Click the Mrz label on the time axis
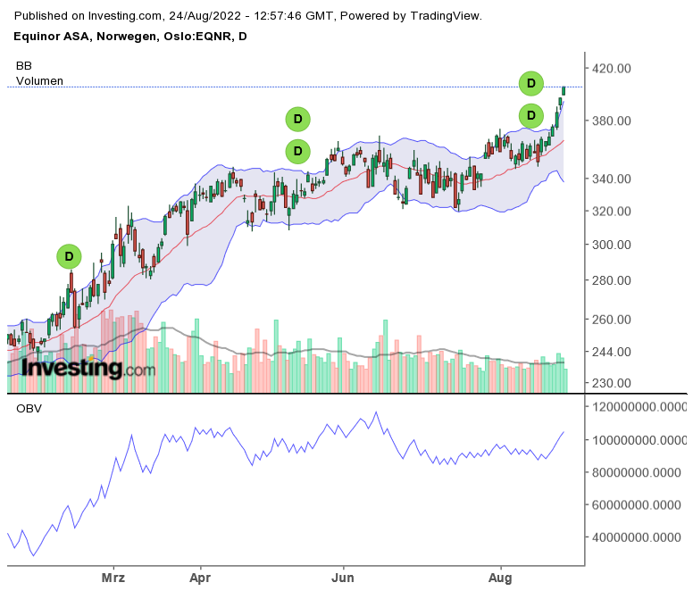pos(113,578)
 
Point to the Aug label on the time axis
pos(500,578)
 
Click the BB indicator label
pos(24,66)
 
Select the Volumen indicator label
pos(40,80)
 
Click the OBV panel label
pos(29,409)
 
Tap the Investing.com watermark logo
pos(81,367)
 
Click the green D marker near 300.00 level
pos(69,256)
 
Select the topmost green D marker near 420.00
pos(531,84)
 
